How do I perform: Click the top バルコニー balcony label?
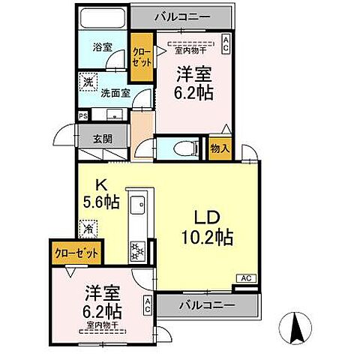pyautogui.click(x=182, y=16)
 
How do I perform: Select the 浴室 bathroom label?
pyautogui.click(x=103, y=47)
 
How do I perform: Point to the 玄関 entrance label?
pyautogui.click(x=103, y=137)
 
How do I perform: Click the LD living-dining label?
pyautogui.click(x=206, y=218)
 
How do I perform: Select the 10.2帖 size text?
pyautogui.click(x=206, y=238)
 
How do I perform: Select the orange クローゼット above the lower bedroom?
pyautogui.click(x=77, y=253)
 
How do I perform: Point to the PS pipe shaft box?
pyautogui.click(x=82, y=115)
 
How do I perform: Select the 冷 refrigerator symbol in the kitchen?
pyautogui.click(x=89, y=227)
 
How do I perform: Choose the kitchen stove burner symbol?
pyautogui.click(x=138, y=250)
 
